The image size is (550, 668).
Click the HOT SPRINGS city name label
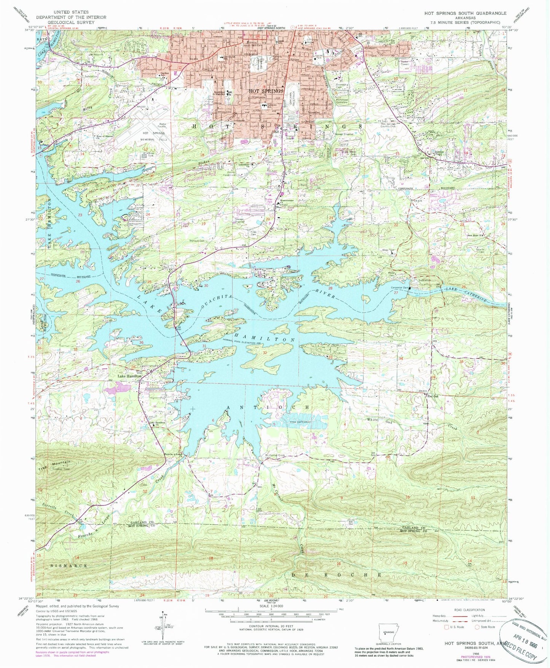pos(266,91)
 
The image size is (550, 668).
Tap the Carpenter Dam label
pos(399,288)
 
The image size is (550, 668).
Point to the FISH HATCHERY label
pos(301,422)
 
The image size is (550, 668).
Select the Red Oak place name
pos(433,396)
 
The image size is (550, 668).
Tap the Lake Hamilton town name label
pos(129,376)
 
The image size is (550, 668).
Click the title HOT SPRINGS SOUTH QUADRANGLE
pos(465,13)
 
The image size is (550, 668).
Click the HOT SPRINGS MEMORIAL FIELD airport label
pos(154,136)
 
